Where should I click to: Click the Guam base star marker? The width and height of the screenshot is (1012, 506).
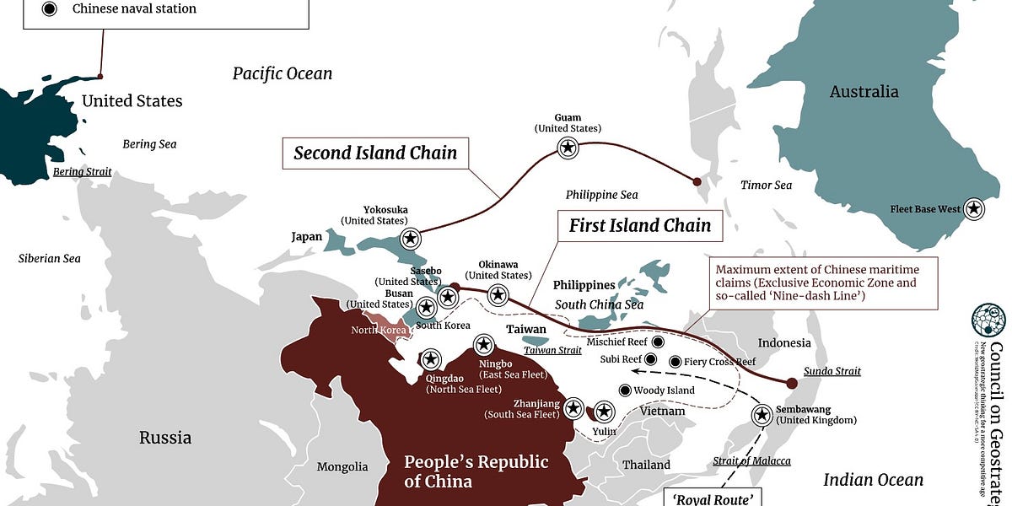point(568,148)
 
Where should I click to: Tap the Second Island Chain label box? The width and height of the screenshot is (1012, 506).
point(375,153)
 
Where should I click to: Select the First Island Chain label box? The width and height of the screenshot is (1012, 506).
point(640,225)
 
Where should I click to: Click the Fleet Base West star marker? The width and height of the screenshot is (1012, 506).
point(975,208)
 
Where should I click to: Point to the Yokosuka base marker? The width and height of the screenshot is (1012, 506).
point(411,239)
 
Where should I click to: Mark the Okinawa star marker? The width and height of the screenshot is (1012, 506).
point(498,294)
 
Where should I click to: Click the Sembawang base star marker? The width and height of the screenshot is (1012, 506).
point(762,415)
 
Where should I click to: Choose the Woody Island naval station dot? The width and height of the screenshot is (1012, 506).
point(625,390)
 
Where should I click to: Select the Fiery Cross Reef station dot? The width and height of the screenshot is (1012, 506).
point(676,362)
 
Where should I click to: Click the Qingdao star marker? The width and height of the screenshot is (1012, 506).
point(431,360)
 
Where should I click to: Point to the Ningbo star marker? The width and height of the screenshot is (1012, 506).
point(484,344)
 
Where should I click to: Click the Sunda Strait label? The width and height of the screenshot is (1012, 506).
point(832,371)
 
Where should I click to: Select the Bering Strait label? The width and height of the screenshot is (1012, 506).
point(82,172)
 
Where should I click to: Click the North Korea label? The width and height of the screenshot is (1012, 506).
point(378,330)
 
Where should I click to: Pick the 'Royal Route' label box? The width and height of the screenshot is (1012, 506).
point(713,498)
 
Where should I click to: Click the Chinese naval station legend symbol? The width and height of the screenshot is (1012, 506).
point(50,9)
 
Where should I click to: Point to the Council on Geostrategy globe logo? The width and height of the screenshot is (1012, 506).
point(988,320)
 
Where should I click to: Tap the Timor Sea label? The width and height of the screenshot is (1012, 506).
point(766,185)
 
